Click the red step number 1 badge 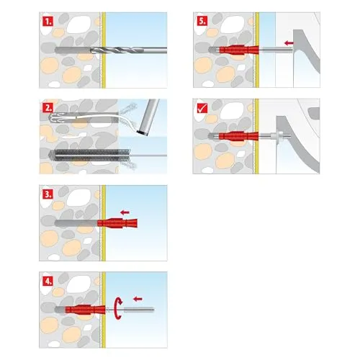48,22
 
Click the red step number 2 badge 48,108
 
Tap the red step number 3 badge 48,194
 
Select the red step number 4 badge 48,281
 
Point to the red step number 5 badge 202,21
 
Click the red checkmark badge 202,108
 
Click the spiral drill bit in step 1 128,50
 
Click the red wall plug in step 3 117,222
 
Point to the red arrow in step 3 125,212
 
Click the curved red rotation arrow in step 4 118,308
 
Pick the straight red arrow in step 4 138,299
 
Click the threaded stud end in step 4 139,310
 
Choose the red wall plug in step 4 85,310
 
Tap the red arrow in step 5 289,43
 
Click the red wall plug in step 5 239,50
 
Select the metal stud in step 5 276,50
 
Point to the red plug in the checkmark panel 238,136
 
